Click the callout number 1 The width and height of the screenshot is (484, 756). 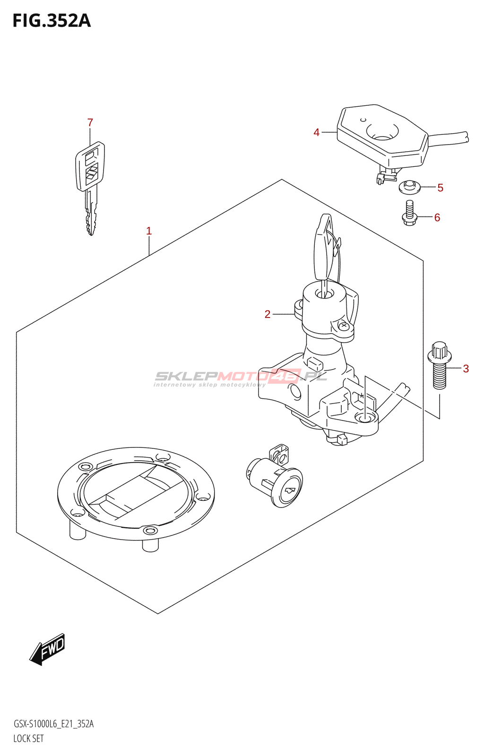click(x=149, y=231)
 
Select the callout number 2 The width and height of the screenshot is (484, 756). click(x=268, y=314)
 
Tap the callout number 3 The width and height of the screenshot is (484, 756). click(x=466, y=369)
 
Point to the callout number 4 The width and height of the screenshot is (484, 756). click(x=317, y=133)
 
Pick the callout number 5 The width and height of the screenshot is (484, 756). click(x=440, y=188)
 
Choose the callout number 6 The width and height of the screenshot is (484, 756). click(x=437, y=217)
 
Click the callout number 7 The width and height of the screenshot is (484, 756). click(x=90, y=123)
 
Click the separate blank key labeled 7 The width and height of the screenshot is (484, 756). click(x=90, y=184)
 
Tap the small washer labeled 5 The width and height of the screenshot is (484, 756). click(x=409, y=187)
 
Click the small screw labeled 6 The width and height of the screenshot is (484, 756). click(x=409, y=213)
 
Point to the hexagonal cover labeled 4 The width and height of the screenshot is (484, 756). click(x=383, y=135)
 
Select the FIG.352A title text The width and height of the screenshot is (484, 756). click(x=51, y=21)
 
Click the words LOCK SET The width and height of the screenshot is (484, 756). click(x=28, y=739)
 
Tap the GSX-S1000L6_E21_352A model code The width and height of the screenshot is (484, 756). click(x=53, y=724)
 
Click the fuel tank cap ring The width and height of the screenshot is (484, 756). click(x=136, y=494)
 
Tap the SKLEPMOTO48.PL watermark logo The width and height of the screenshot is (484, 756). click(x=241, y=378)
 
